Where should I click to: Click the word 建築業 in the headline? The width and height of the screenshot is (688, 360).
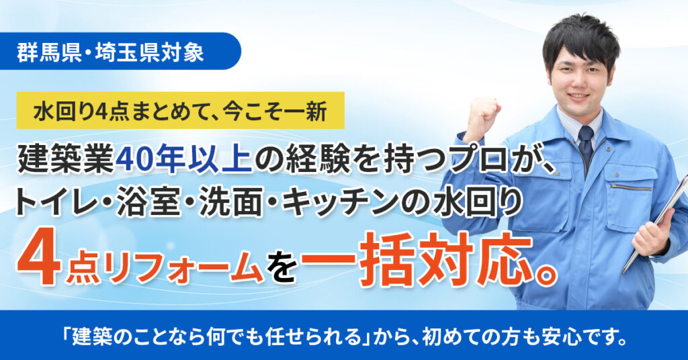pos(66,159)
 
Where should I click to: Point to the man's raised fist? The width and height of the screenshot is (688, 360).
pos(481,118)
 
